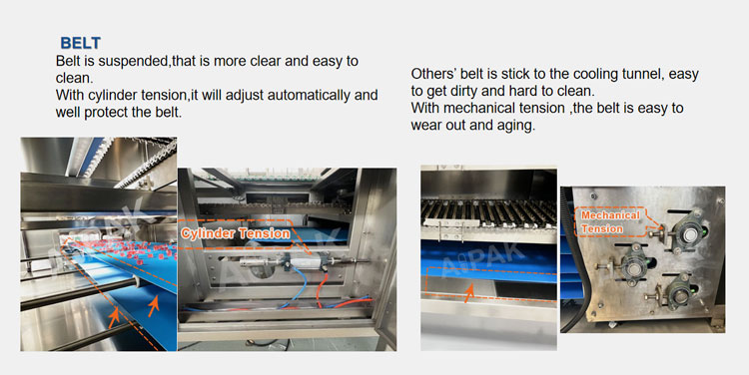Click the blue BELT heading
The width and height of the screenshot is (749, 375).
click(x=80, y=44)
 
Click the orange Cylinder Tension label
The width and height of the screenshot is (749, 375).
click(x=236, y=233)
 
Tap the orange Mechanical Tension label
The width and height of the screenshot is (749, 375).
click(x=609, y=222)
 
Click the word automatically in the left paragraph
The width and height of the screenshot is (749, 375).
click(x=304, y=96)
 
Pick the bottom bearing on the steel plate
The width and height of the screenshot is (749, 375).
click(x=679, y=292)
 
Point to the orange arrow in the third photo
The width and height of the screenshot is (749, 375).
click(x=469, y=292)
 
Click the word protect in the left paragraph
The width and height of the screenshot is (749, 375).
click(x=108, y=114)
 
